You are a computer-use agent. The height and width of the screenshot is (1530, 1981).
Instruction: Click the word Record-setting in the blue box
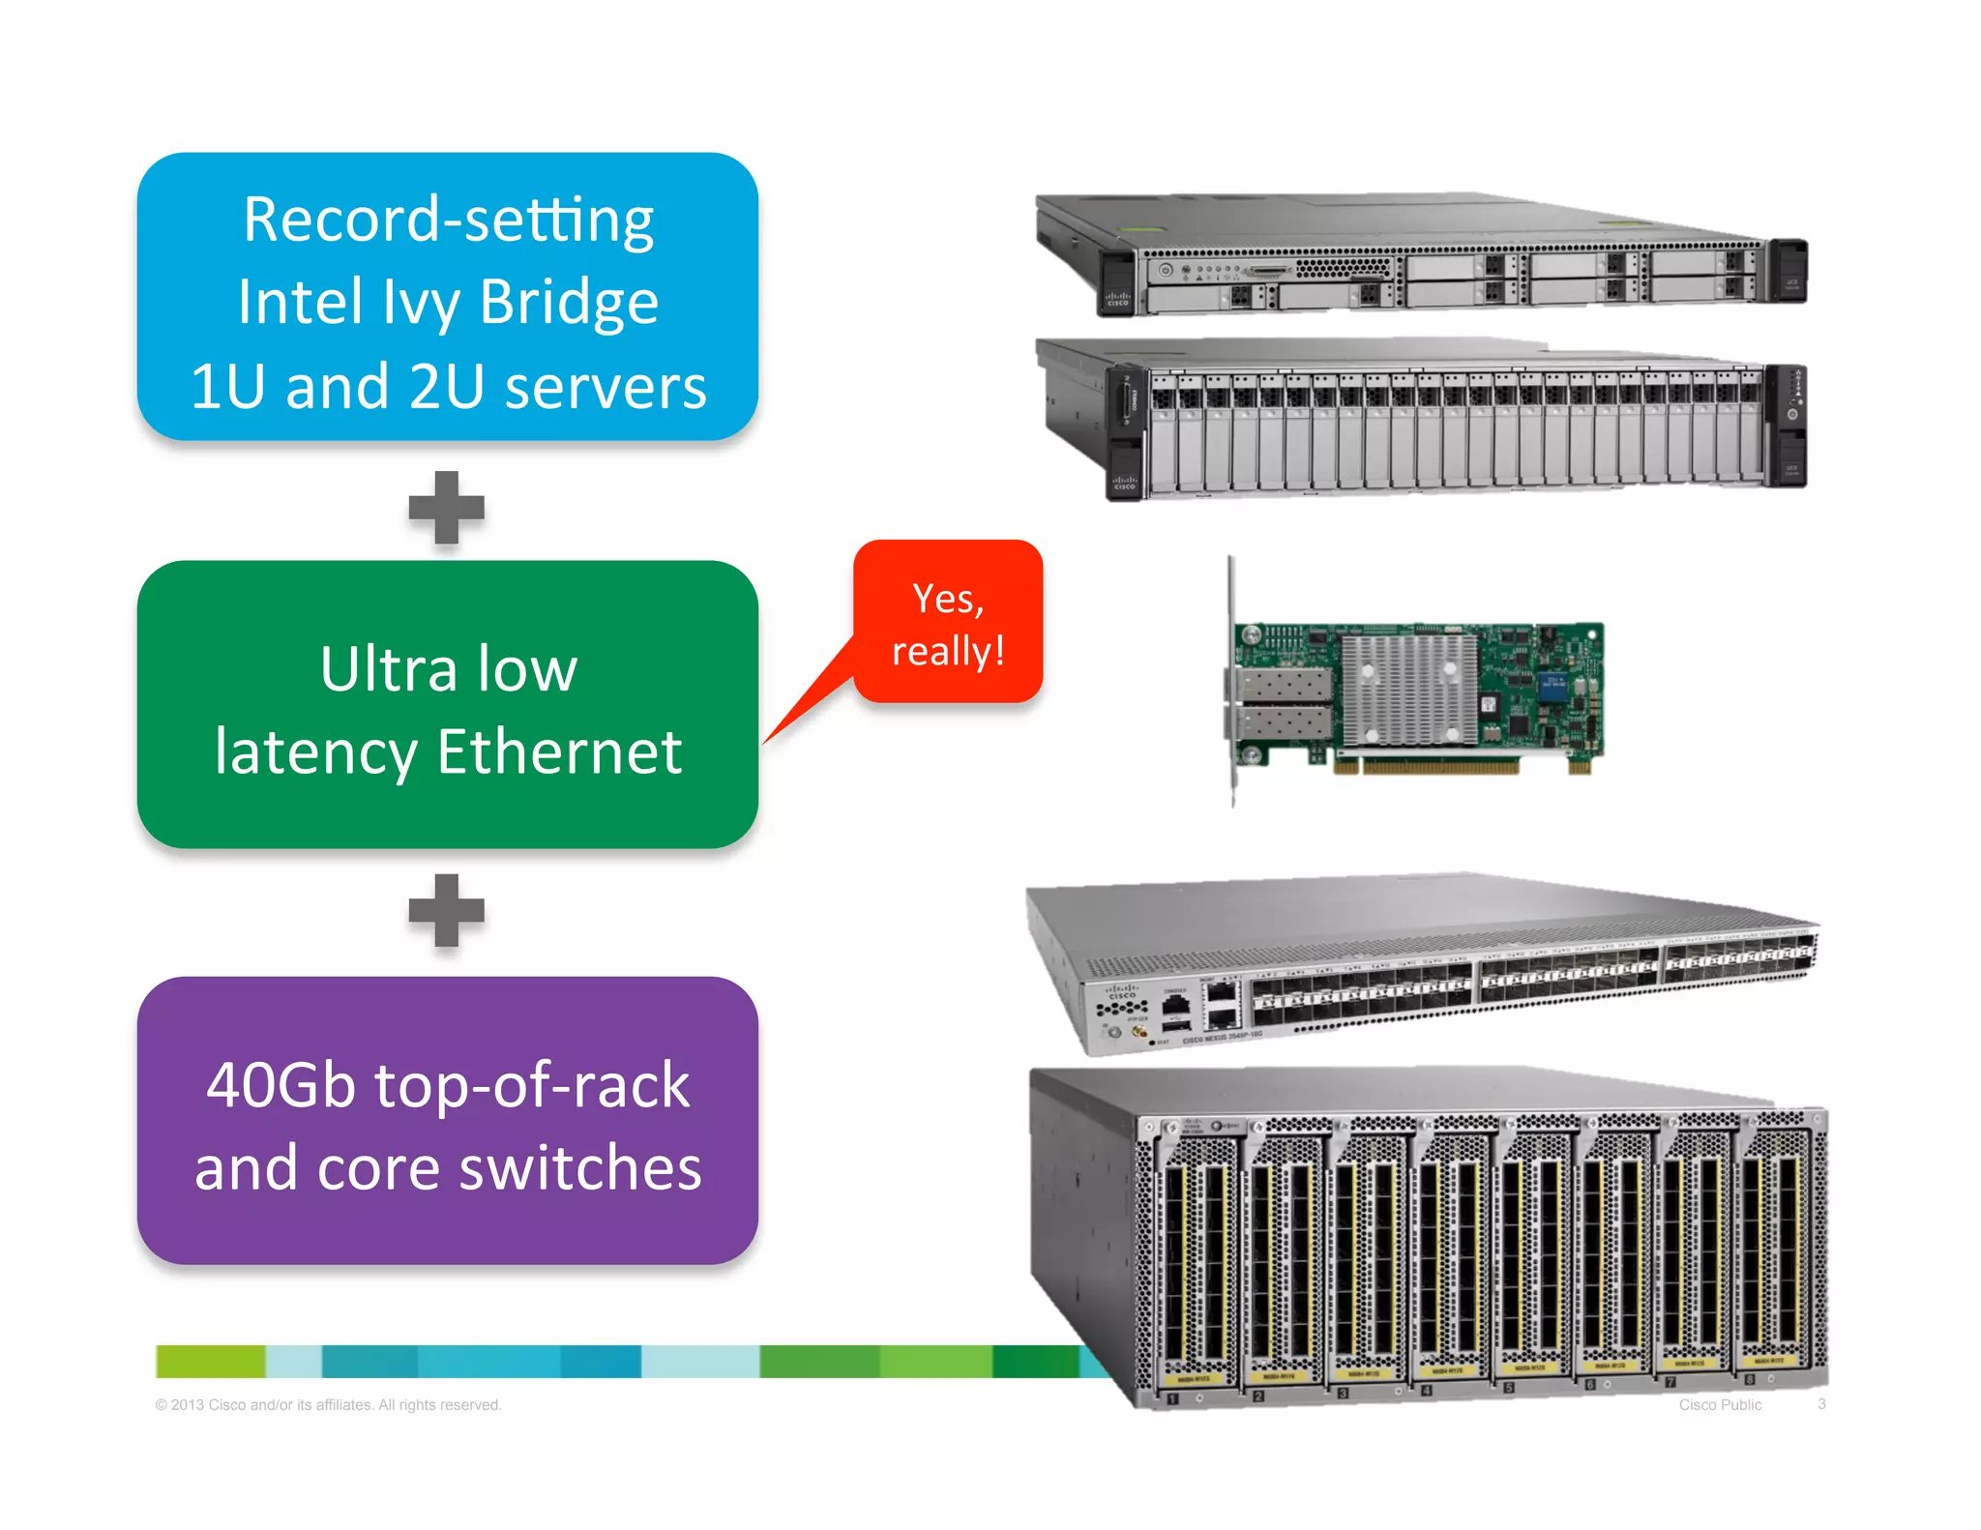coord(448,221)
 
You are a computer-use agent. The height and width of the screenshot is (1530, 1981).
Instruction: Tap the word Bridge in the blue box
coord(569,303)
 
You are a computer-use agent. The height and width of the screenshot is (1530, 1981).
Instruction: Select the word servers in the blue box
coord(606,387)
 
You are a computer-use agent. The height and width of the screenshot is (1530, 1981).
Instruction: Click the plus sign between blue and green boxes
coord(446,508)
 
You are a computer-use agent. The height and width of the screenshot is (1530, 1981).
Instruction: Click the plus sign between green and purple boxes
coord(446,910)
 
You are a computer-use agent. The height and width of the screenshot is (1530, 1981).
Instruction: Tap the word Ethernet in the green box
coord(559,752)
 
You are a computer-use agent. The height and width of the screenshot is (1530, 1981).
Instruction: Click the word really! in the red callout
coord(948,651)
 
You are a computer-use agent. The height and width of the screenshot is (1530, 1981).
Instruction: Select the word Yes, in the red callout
coord(948,599)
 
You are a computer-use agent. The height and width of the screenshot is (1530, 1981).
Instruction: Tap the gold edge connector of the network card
coord(1426,766)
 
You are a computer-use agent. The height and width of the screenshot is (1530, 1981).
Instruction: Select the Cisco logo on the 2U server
coord(1124,482)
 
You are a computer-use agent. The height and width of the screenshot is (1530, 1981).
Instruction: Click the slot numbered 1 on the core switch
coord(1172,1398)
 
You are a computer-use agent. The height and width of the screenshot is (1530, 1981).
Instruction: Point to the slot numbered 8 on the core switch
coord(1749,1378)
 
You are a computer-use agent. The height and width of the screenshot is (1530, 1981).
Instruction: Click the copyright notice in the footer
coord(329,1404)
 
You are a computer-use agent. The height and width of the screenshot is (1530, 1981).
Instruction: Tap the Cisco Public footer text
coord(1720,1404)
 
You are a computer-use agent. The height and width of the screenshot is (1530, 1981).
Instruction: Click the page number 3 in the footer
coord(1821,1403)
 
